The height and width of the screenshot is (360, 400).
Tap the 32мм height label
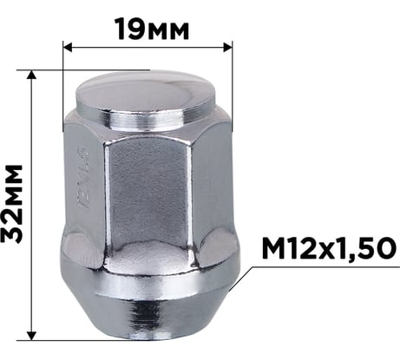[x=14, y=204]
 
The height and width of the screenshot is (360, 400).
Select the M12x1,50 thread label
[x=322, y=251]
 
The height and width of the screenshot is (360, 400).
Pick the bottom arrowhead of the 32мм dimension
[x=32, y=334]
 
